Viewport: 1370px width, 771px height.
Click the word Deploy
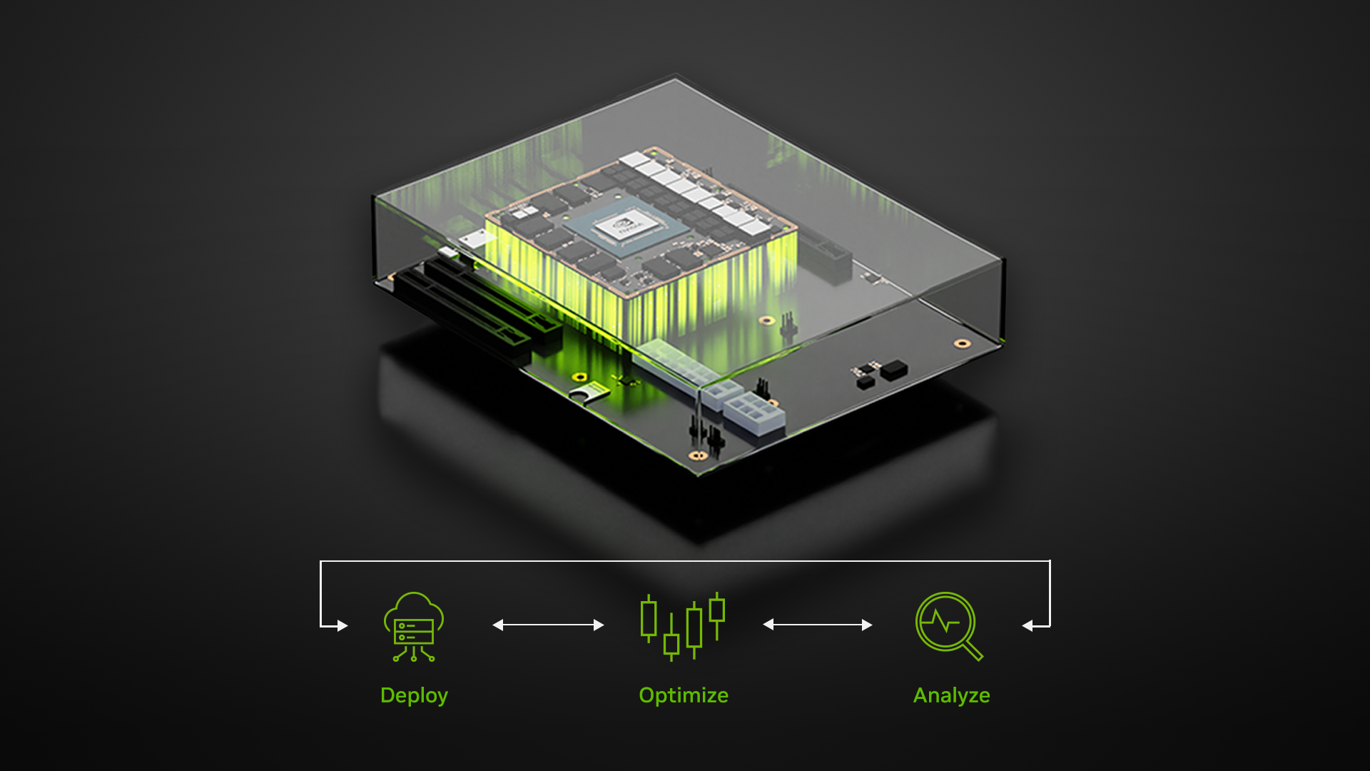tap(414, 695)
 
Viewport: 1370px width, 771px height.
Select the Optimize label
tap(683, 695)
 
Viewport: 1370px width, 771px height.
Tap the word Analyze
tap(951, 695)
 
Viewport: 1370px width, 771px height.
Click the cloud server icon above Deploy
tap(414, 626)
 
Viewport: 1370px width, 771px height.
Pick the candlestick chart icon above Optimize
tap(682, 626)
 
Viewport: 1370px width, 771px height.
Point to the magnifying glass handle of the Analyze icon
tap(973, 650)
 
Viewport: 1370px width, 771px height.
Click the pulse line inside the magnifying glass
tap(942, 622)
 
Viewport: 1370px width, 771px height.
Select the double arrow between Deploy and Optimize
tap(548, 625)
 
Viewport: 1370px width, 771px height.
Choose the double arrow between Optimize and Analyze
tap(817, 625)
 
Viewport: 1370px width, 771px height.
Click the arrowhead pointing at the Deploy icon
tap(342, 626)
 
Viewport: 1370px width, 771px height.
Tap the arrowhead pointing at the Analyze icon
tap(1027, 626)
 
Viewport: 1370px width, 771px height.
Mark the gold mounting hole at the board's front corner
tap(697, 455)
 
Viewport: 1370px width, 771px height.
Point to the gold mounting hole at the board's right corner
tap(962, 344)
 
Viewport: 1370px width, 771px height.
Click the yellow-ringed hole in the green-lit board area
tap(579, 377)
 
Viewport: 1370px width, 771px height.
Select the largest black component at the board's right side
tap(893, 369)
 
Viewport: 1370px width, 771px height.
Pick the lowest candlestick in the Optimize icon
tap(671, 644)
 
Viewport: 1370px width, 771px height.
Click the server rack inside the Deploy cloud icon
tap(414, 631)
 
